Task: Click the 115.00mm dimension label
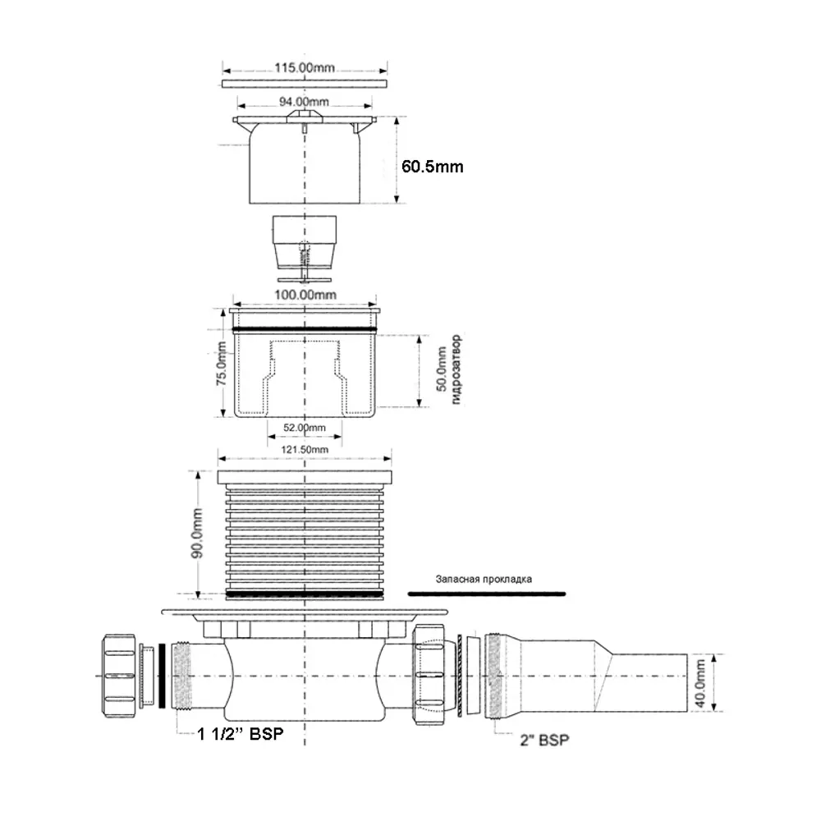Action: (305, 67)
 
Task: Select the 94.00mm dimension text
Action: (305, 102)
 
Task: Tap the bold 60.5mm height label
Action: (433, 167)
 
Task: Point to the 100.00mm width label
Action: (305, 295)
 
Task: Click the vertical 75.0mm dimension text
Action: (222, 364)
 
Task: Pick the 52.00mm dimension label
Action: (305, 428)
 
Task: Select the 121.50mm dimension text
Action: (305, 449)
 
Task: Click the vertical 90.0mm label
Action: (197, 533)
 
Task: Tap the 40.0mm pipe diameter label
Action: (700, 683)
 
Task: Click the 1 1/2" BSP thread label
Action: (241, 734)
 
